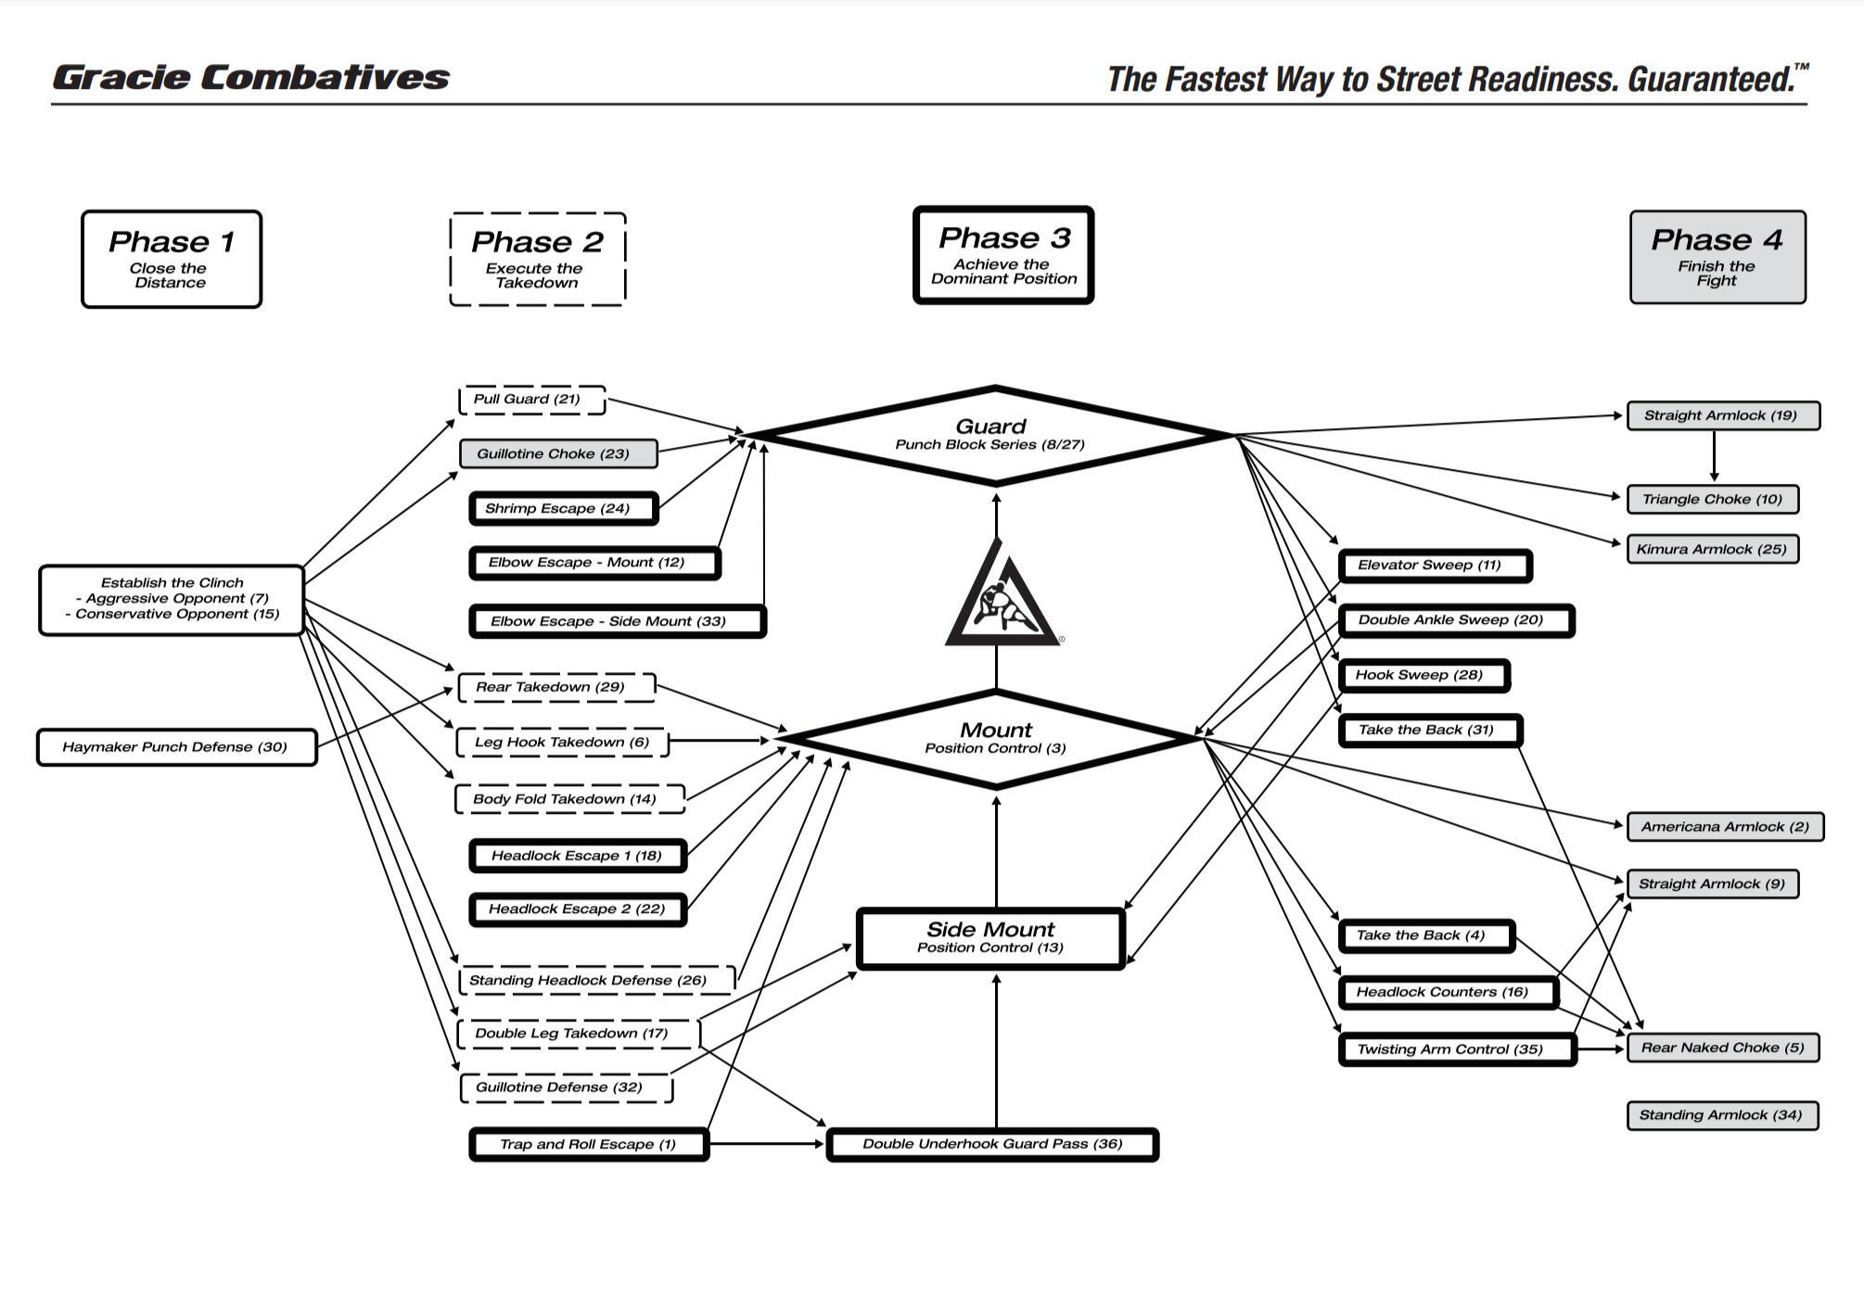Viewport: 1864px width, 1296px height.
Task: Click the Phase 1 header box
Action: tap(172, 259)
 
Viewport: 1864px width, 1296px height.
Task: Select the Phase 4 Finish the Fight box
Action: tap(1717, 257)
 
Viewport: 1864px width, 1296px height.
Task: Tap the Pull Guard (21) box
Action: tap(531, 400)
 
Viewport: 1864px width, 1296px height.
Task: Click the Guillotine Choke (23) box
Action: tap(558, 453)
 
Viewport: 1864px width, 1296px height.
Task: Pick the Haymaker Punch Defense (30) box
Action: tap(176, 747)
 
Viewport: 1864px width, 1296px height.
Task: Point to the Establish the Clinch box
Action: tap(172, 599)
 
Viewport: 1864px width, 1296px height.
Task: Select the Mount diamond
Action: tap(995, 739)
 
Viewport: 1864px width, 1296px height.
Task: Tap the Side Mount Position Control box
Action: tap(990, 938)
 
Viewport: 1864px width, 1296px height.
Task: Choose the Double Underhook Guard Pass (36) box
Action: tap(992, 1144)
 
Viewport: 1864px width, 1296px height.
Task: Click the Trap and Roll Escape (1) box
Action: tap(589, 1144)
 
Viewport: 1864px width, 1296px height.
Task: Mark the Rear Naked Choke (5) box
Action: tap(1722, 1048)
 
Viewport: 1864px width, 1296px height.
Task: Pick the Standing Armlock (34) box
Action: tap(1721, 1115)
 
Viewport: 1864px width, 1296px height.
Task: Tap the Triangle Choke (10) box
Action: tap(1712, 499)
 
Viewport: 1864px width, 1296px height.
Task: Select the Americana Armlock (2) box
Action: tap(1724, 827)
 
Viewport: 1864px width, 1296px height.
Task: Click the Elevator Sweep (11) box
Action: tap(1434, 565)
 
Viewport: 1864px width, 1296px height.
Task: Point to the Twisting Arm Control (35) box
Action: tap(1457, 1049)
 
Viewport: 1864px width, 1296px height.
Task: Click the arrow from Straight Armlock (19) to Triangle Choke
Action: tap(1714, 456)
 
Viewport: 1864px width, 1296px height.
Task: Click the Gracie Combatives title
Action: tap(251, 78)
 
